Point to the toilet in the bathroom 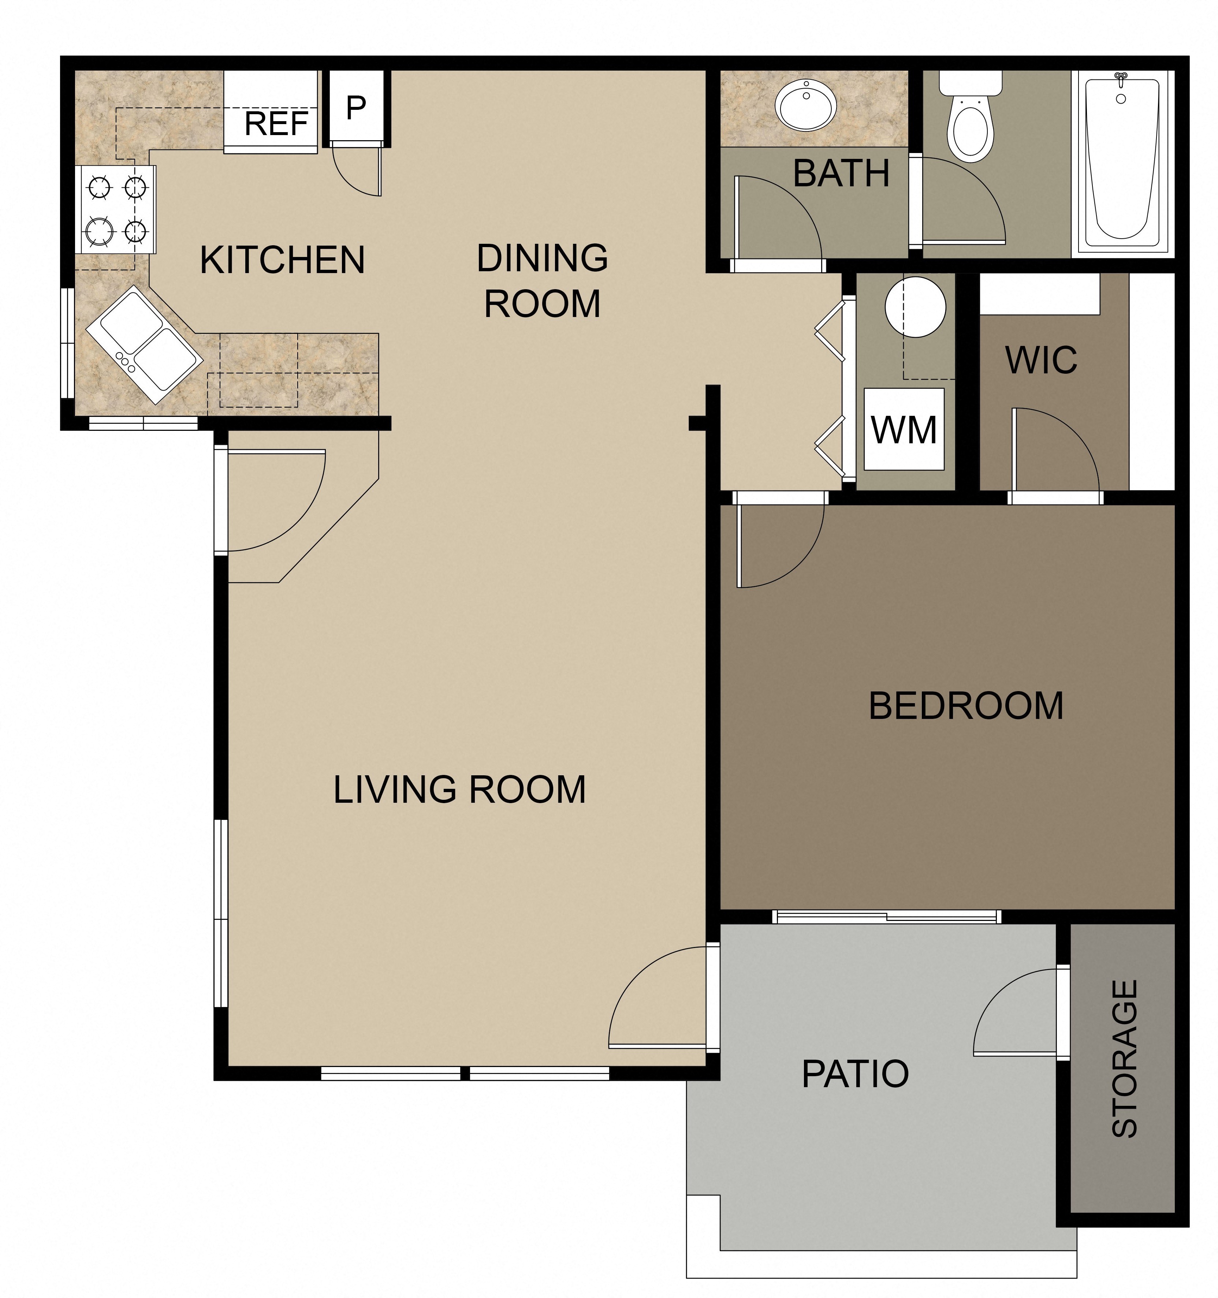coord(970,124)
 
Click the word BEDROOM coord(965,706)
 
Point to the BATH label coord(841,174)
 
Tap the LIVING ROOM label coord(459,789)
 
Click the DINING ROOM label coord(542,281)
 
